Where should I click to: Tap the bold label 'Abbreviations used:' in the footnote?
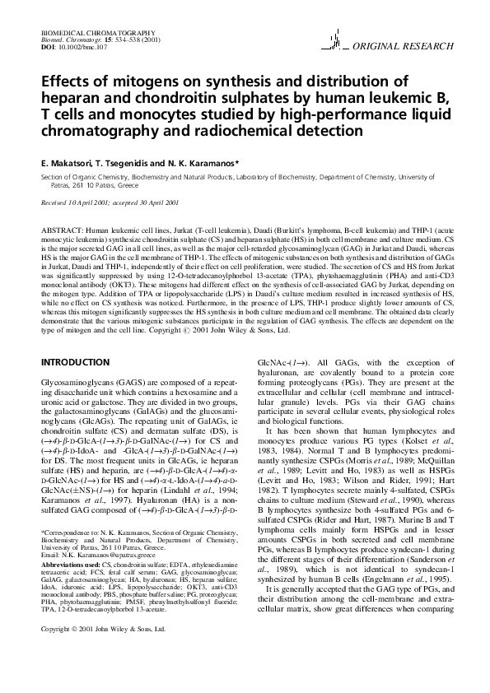pos(71,567)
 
